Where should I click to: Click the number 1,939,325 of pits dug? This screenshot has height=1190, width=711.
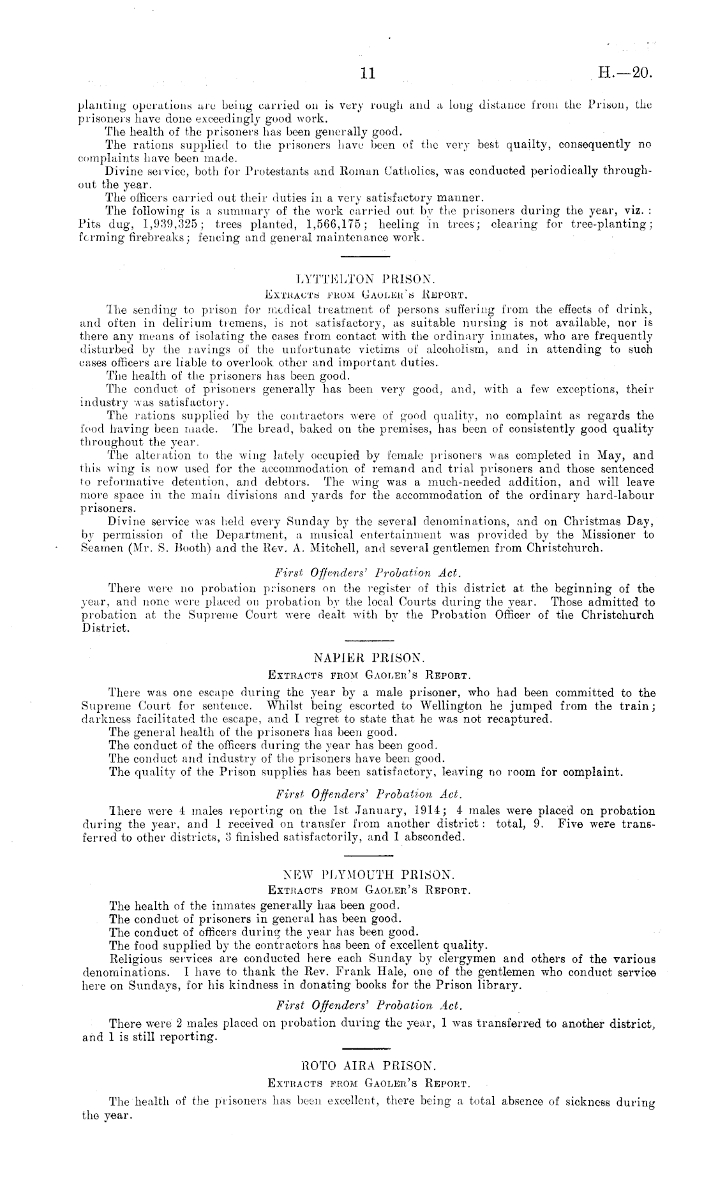pos(172,225)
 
